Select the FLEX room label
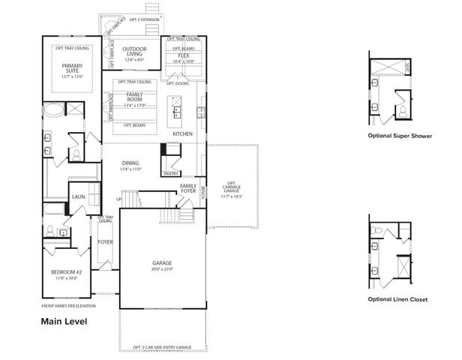click(x=183, y=55)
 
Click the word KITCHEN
click(x=182, y=133)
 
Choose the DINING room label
click(x=131, y=163)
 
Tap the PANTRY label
click(x=170, y=173)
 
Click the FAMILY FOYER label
click(x=188, y=187)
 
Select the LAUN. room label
click(x=79, y=197)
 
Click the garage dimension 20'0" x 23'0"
click(x=162, y=268)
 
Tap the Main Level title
click(x=64, y=322)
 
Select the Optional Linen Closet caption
click(x=397, y=299)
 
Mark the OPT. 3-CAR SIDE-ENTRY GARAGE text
click(x=161, y=347)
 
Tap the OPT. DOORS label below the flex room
click(x=178, y=83)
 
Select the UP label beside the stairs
click(x=119, y=199)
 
